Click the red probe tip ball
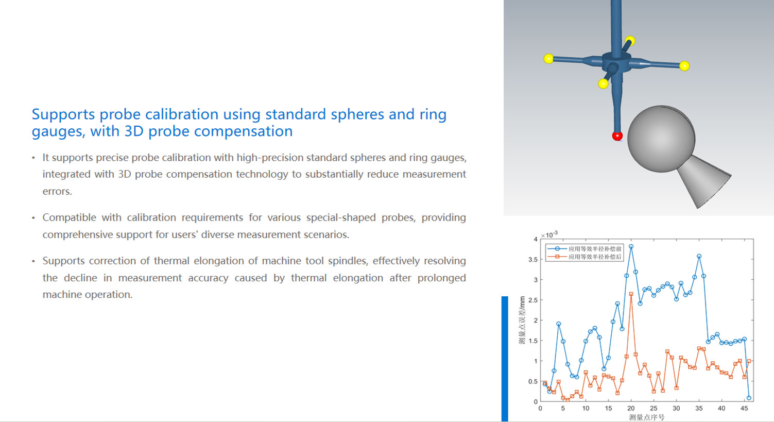[x=617, y=136]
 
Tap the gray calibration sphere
[x=661, y=139]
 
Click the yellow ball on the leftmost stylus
[x=548, y=59]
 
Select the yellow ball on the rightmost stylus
[x=684, y=65]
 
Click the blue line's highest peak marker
[x=631, y=247]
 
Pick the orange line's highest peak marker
[x=631, y=294]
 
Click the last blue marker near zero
[x=749, y=398]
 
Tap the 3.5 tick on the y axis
[x=533, y=260]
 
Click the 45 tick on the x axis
[x=744, y=409]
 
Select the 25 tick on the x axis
[x=653, y=409]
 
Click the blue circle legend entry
[x=584, y=249]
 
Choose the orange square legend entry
[x=584, y=257]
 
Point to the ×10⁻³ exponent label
[x=549, y=234]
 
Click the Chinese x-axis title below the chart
[x=646, y=417]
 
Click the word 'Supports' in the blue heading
[x=63, y=115]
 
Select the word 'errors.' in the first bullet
[x=57, y=191]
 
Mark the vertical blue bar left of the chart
[x=505, y=359]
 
